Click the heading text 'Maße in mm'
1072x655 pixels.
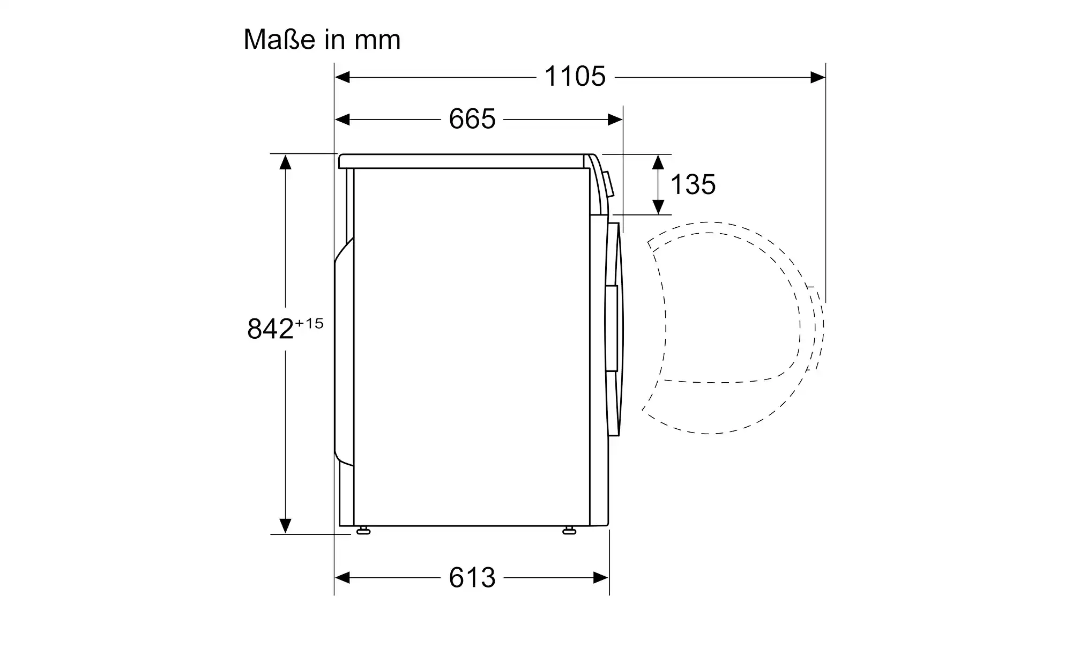[x=322, y=40]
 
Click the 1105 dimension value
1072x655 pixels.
[x=575, y=77]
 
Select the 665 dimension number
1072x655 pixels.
[x=472, y=119]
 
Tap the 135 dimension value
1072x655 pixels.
[x=693, y=185]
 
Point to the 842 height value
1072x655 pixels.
[x=270, y=329]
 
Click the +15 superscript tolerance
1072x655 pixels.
[x=309, y=324]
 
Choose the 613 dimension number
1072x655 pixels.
[x=472, y=578]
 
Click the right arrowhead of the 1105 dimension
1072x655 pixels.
[x=818, y=78]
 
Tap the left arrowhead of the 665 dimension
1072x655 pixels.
[x=343, y=120]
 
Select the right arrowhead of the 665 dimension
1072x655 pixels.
[x=615, y=120]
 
